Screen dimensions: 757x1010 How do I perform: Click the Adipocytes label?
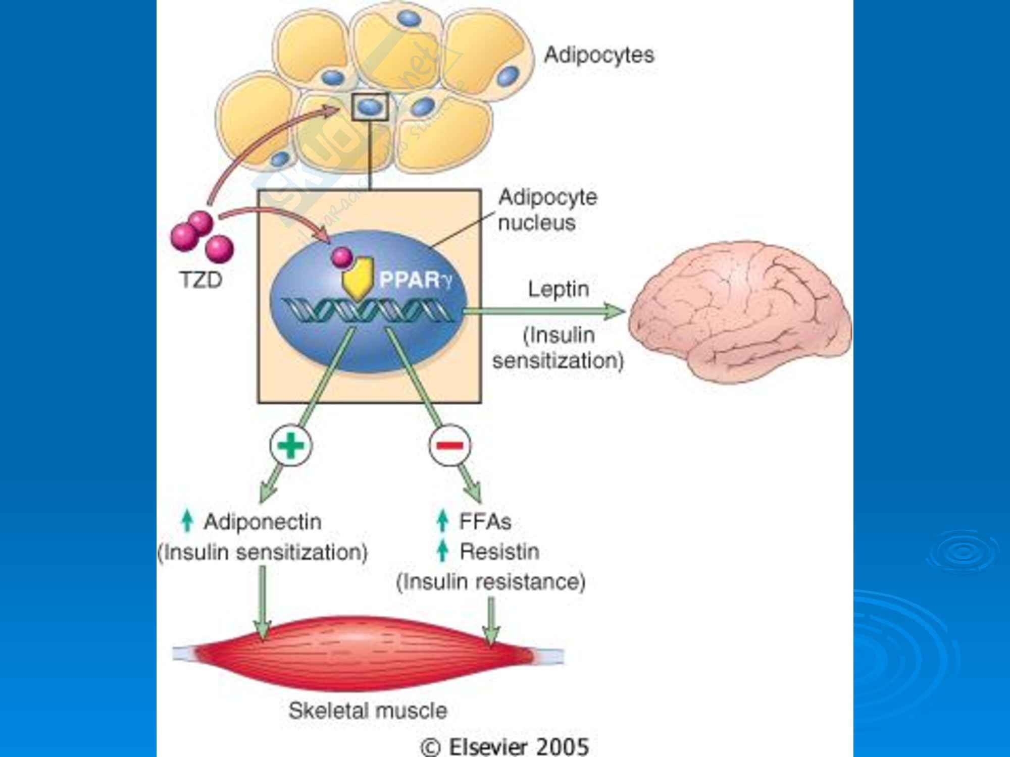tap(599, 55)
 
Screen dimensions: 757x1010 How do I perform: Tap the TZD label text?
tap(201, 280)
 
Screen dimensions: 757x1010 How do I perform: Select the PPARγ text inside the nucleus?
tap(416, 280)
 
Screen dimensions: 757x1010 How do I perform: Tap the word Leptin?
tap(559, 290)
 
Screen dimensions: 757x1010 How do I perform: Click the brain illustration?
tap(740, 310)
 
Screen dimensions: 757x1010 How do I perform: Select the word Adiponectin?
tap(263, 522)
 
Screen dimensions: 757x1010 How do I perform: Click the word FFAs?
tap(485, 522)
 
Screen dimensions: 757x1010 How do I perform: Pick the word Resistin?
tap(499, 552)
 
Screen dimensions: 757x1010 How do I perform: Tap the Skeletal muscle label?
tap(368, 711)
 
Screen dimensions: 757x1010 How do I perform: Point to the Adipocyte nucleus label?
tap(547, 210)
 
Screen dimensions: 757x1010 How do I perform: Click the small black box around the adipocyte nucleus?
tap(370, 107)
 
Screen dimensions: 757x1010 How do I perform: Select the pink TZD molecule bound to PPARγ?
tap(342, 257)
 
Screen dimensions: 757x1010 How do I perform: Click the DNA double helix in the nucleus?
tap(368, 310)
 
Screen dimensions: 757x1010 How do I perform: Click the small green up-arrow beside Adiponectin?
tap(187, 521)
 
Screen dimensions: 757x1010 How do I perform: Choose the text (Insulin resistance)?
tap(491, 582)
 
